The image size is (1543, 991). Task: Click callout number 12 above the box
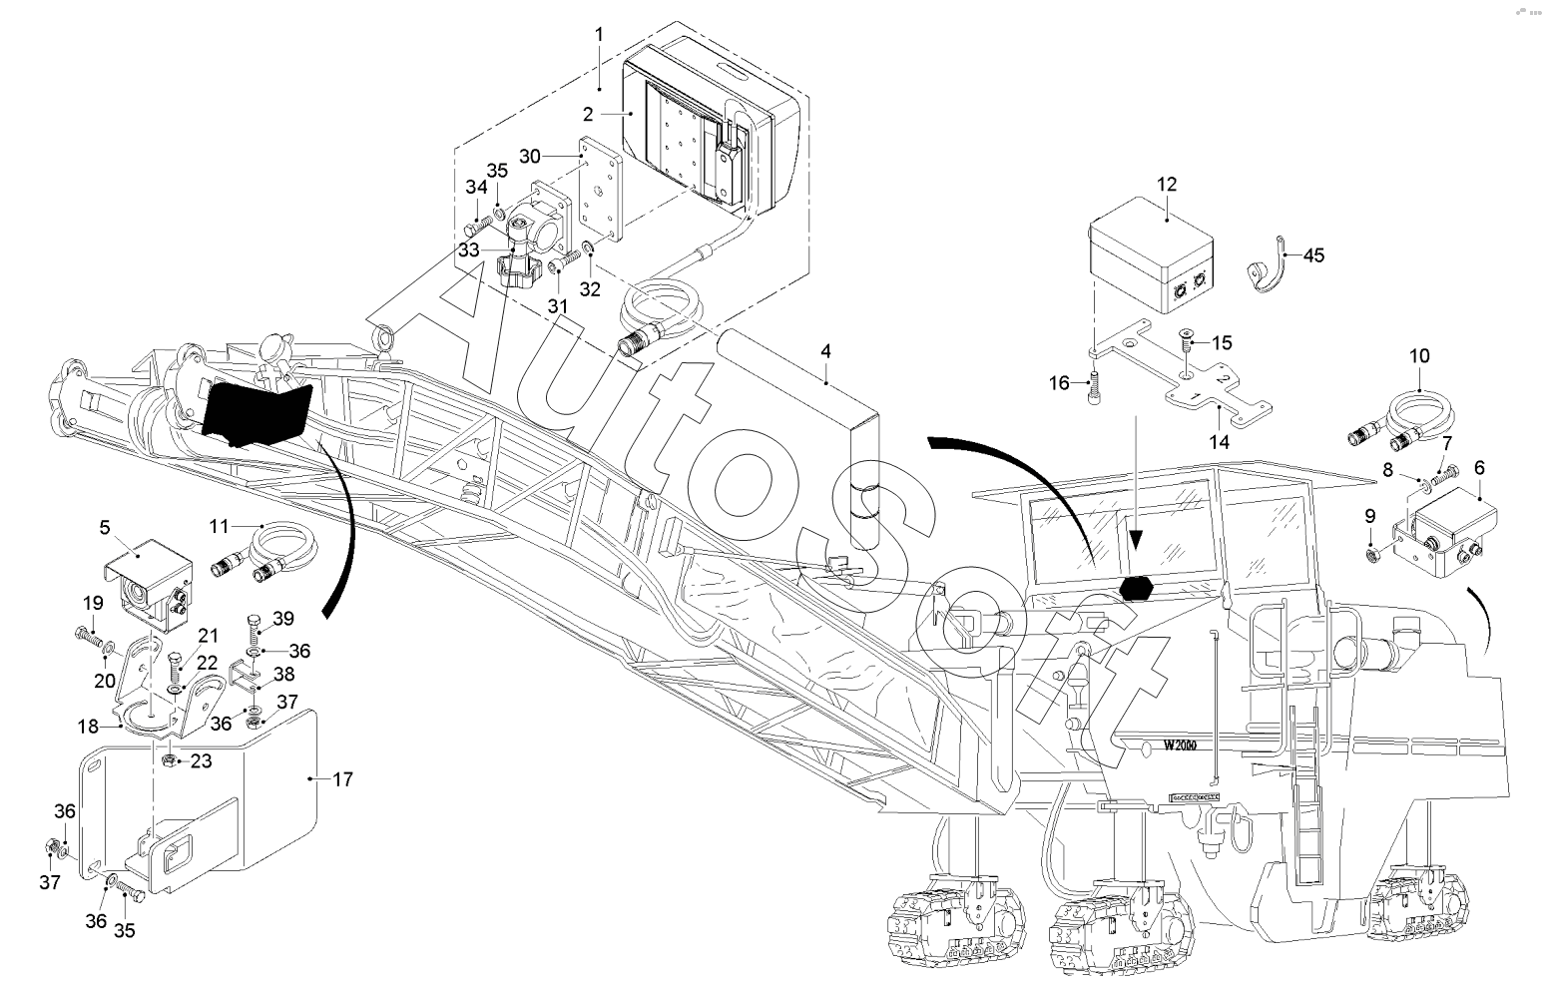[x=1167, y=185]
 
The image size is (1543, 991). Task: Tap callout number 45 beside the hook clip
[x=1313, y=255]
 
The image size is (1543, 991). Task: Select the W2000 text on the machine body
[x=1180, y=745]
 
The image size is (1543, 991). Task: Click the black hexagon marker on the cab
[x=1137, y=588]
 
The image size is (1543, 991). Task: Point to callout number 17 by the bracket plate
[x=342, y=779]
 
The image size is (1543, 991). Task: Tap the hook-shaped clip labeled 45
[x=1267, y=266]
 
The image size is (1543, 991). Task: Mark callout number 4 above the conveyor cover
[x=825, y=351]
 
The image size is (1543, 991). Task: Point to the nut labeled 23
[x=167, y=760]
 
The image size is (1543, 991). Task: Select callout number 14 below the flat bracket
[x=1220, y=441]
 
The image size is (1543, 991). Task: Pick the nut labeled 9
[x=1372, y=554]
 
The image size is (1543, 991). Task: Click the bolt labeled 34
[x=477, y=225]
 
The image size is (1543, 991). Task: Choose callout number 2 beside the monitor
[x=588, y=114]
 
